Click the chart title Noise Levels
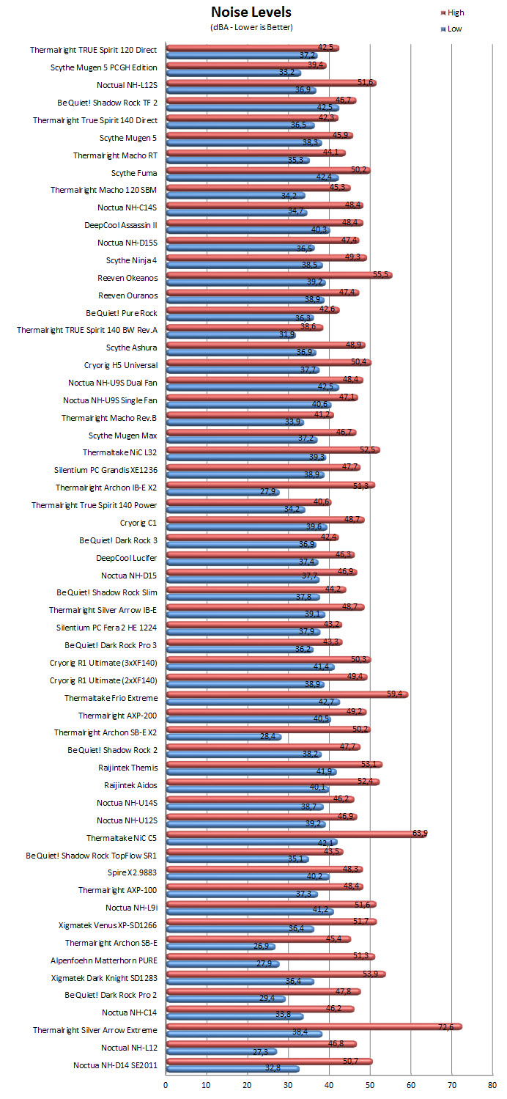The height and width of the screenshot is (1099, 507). coord(251,12)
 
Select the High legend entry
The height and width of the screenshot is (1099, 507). coord(453,12)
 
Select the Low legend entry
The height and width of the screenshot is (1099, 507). coord(451,29)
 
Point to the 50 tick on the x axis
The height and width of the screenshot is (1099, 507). coord(370,1085)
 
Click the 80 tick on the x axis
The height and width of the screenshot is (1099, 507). coord(492,1085)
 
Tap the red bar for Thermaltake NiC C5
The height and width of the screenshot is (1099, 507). coord(296,834)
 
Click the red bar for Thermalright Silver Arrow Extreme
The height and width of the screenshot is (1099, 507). coord(314,1027)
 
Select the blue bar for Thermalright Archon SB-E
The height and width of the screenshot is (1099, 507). coord(220,947)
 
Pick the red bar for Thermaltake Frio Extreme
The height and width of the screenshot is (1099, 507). coord(287,694)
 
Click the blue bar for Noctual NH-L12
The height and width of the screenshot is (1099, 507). coord(221,1051)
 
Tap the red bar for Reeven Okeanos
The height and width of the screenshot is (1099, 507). coord(279,275)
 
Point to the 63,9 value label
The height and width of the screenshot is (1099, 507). coord(420,833)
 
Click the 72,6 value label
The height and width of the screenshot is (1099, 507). coord(445,1027)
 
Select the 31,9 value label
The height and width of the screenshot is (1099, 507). coord(287,334)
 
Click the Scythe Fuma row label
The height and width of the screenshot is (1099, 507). coord(134,173)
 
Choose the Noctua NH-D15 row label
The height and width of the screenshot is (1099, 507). coord(129,576)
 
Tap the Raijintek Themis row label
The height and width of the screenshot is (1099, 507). coord(128,768)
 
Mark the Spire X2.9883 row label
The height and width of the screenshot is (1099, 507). coord(133,872)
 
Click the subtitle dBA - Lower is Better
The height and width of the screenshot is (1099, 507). coord(251,27)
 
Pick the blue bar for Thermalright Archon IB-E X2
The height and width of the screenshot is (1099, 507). coord(222,492)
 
